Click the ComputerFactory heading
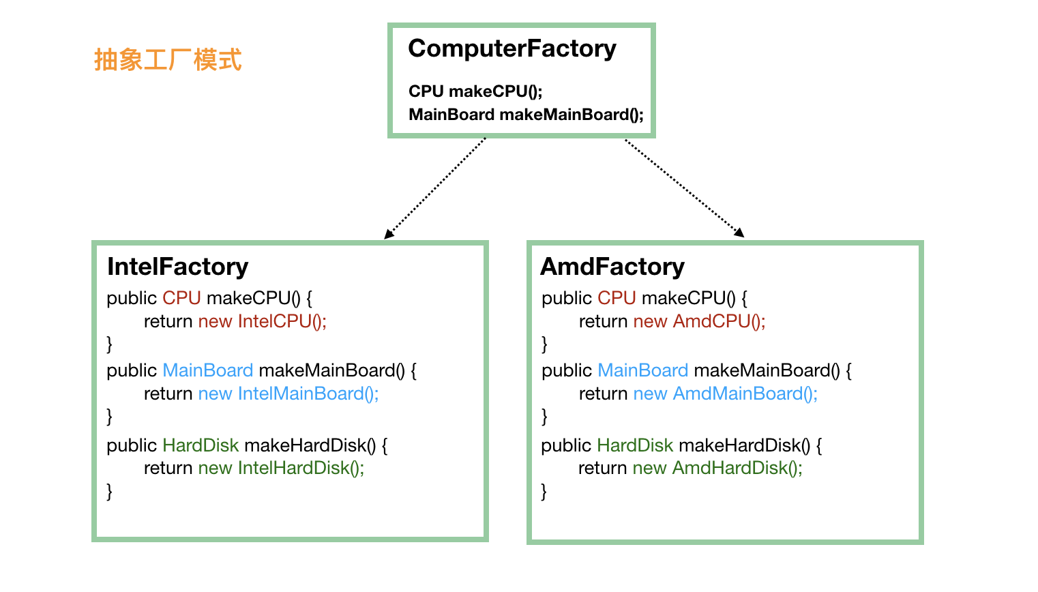coord(511,49)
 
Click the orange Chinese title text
coord(168,60)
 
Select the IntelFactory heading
coord(177,267)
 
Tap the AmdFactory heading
coord(612,267)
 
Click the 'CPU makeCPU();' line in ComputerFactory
coord(475,91)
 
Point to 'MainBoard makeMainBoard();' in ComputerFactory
coord(525,115)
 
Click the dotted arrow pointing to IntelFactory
coord(435,188)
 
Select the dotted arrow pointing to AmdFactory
coord(684,188)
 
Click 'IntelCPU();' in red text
coord(282,321)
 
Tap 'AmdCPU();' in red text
coord(719,321)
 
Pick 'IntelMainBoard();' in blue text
coord(308,394)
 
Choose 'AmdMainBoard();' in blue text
coord(745,394)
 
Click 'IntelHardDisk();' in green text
coord(301,468)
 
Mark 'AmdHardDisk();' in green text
coord(737,468)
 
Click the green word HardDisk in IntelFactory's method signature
coord(201,445)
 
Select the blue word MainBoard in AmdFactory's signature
coord(642,370)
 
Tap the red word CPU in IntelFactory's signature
coord(181,298)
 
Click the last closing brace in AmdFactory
coord(544,491)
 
